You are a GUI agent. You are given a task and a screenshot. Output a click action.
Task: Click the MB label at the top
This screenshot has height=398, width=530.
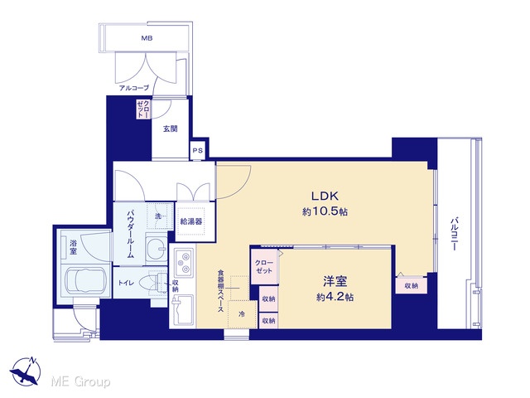[147, 38]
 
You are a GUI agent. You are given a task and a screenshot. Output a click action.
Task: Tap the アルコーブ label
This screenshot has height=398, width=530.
[134, 88]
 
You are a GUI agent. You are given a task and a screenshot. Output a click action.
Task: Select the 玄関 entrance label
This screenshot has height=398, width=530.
[171, 129]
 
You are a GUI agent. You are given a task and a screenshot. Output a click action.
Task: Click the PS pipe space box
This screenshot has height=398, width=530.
[197, 150]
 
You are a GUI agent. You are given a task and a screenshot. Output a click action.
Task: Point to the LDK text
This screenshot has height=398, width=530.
[325, 196]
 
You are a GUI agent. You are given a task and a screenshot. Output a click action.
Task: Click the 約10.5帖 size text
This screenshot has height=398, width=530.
[325, 212]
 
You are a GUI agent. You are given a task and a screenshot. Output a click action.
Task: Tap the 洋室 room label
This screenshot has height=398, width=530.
[335, 281]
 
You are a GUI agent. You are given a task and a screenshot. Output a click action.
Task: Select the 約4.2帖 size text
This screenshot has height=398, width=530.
[335, 297]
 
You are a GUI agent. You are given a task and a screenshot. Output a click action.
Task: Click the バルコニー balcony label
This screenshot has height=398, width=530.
[454, 234]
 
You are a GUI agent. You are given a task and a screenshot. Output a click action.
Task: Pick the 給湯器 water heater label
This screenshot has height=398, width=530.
[191, 221]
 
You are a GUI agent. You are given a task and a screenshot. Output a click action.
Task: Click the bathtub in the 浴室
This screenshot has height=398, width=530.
[84, 282]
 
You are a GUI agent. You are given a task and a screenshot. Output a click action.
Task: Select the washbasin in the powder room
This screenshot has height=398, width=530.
[157, 250]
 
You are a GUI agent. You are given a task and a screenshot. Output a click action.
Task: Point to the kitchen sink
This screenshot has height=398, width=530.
[182, 311]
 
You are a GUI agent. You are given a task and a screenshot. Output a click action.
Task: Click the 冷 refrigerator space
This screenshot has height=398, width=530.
[242, 314]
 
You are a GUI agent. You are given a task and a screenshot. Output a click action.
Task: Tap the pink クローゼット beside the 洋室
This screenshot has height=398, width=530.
[264, 267]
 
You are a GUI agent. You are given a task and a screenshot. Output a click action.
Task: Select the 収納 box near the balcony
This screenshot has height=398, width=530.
[411, 285]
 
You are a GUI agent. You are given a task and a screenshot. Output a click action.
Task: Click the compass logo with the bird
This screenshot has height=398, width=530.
[26, 371]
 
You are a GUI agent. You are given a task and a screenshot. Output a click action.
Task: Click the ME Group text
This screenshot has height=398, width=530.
[81, 382]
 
